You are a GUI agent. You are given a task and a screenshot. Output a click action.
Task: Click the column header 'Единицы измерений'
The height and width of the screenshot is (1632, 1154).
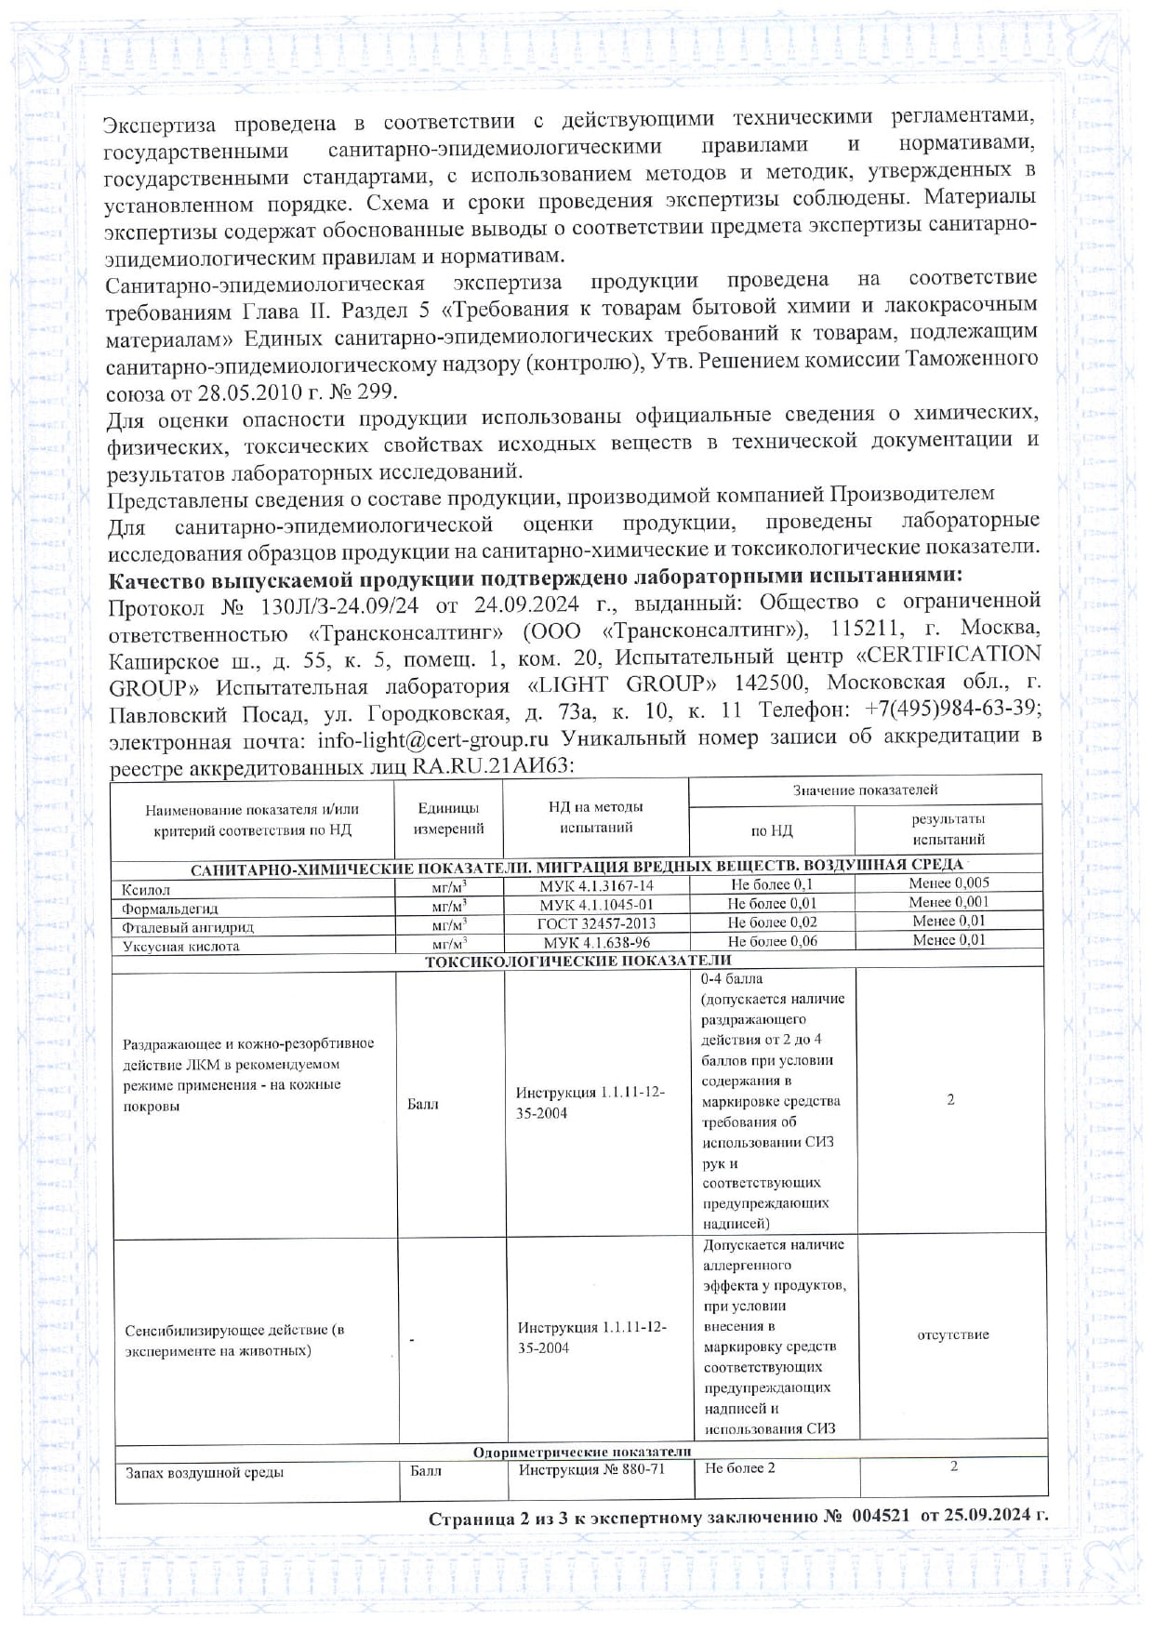pos(447,818)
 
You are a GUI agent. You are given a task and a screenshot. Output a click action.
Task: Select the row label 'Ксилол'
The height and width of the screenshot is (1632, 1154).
pos(146,890)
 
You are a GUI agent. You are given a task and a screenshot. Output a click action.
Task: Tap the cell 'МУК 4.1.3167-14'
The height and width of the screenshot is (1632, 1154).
pos(596,886)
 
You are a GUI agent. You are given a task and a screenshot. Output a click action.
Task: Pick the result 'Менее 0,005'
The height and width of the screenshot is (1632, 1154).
pos(948,883)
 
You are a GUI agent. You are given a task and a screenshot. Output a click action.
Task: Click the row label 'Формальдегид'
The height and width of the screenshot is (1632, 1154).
pos(170,909)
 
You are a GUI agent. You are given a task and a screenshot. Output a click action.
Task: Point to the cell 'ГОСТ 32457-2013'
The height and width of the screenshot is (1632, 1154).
pos(596,923)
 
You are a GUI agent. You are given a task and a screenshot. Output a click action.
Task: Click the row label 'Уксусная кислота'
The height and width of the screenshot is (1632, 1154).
pos(181,947)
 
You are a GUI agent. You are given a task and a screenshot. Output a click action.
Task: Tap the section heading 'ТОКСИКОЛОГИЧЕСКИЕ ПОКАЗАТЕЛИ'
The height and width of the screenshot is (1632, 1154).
pos(577,961)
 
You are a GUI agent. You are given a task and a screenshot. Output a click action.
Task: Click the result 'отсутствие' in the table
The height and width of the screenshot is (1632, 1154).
pos(953,1334)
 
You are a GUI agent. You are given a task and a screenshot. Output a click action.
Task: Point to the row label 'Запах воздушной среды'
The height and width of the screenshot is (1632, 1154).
pos(205,1473)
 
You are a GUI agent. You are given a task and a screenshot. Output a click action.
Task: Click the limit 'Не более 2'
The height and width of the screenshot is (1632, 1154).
pos(739,1468)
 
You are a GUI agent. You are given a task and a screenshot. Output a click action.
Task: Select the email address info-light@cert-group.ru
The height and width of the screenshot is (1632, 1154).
pos(432,740)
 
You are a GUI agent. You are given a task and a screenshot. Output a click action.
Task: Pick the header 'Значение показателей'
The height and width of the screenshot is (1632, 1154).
pos(865,790)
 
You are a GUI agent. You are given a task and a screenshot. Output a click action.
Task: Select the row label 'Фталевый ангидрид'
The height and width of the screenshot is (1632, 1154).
pos(188,927)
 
